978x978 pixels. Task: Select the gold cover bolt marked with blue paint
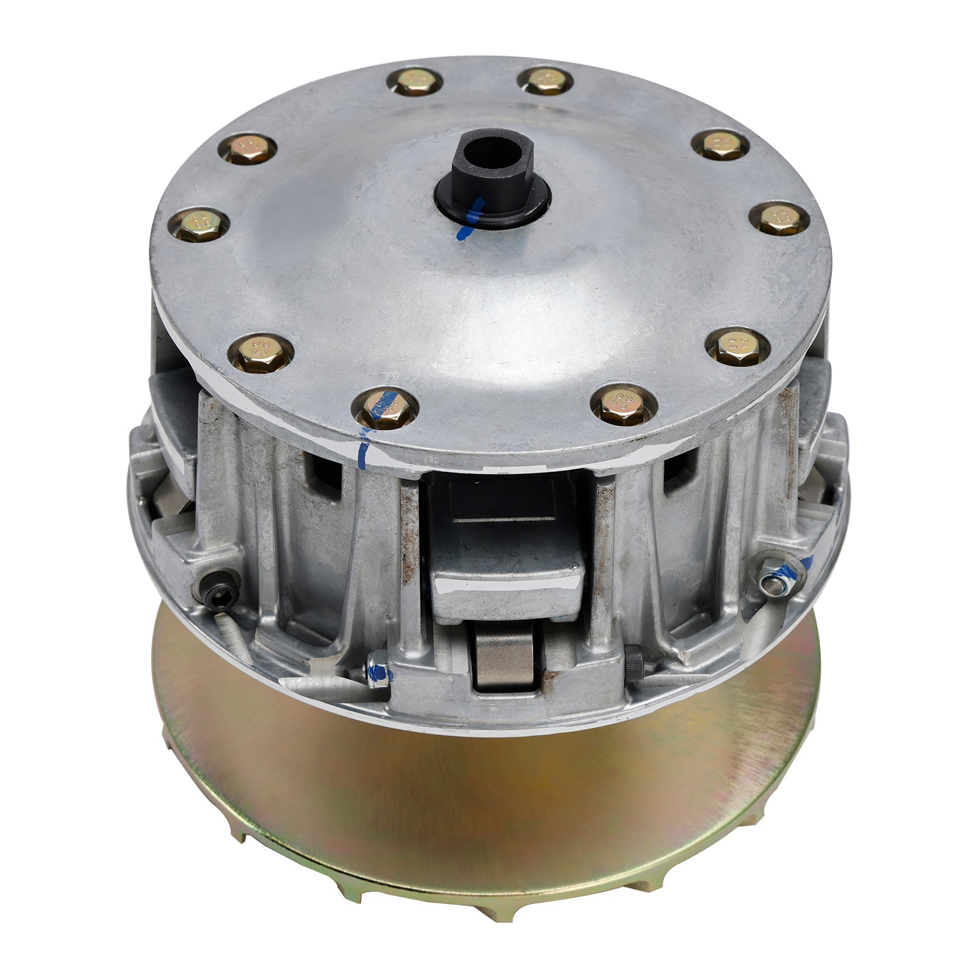387,408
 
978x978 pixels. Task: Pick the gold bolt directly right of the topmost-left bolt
545,80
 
